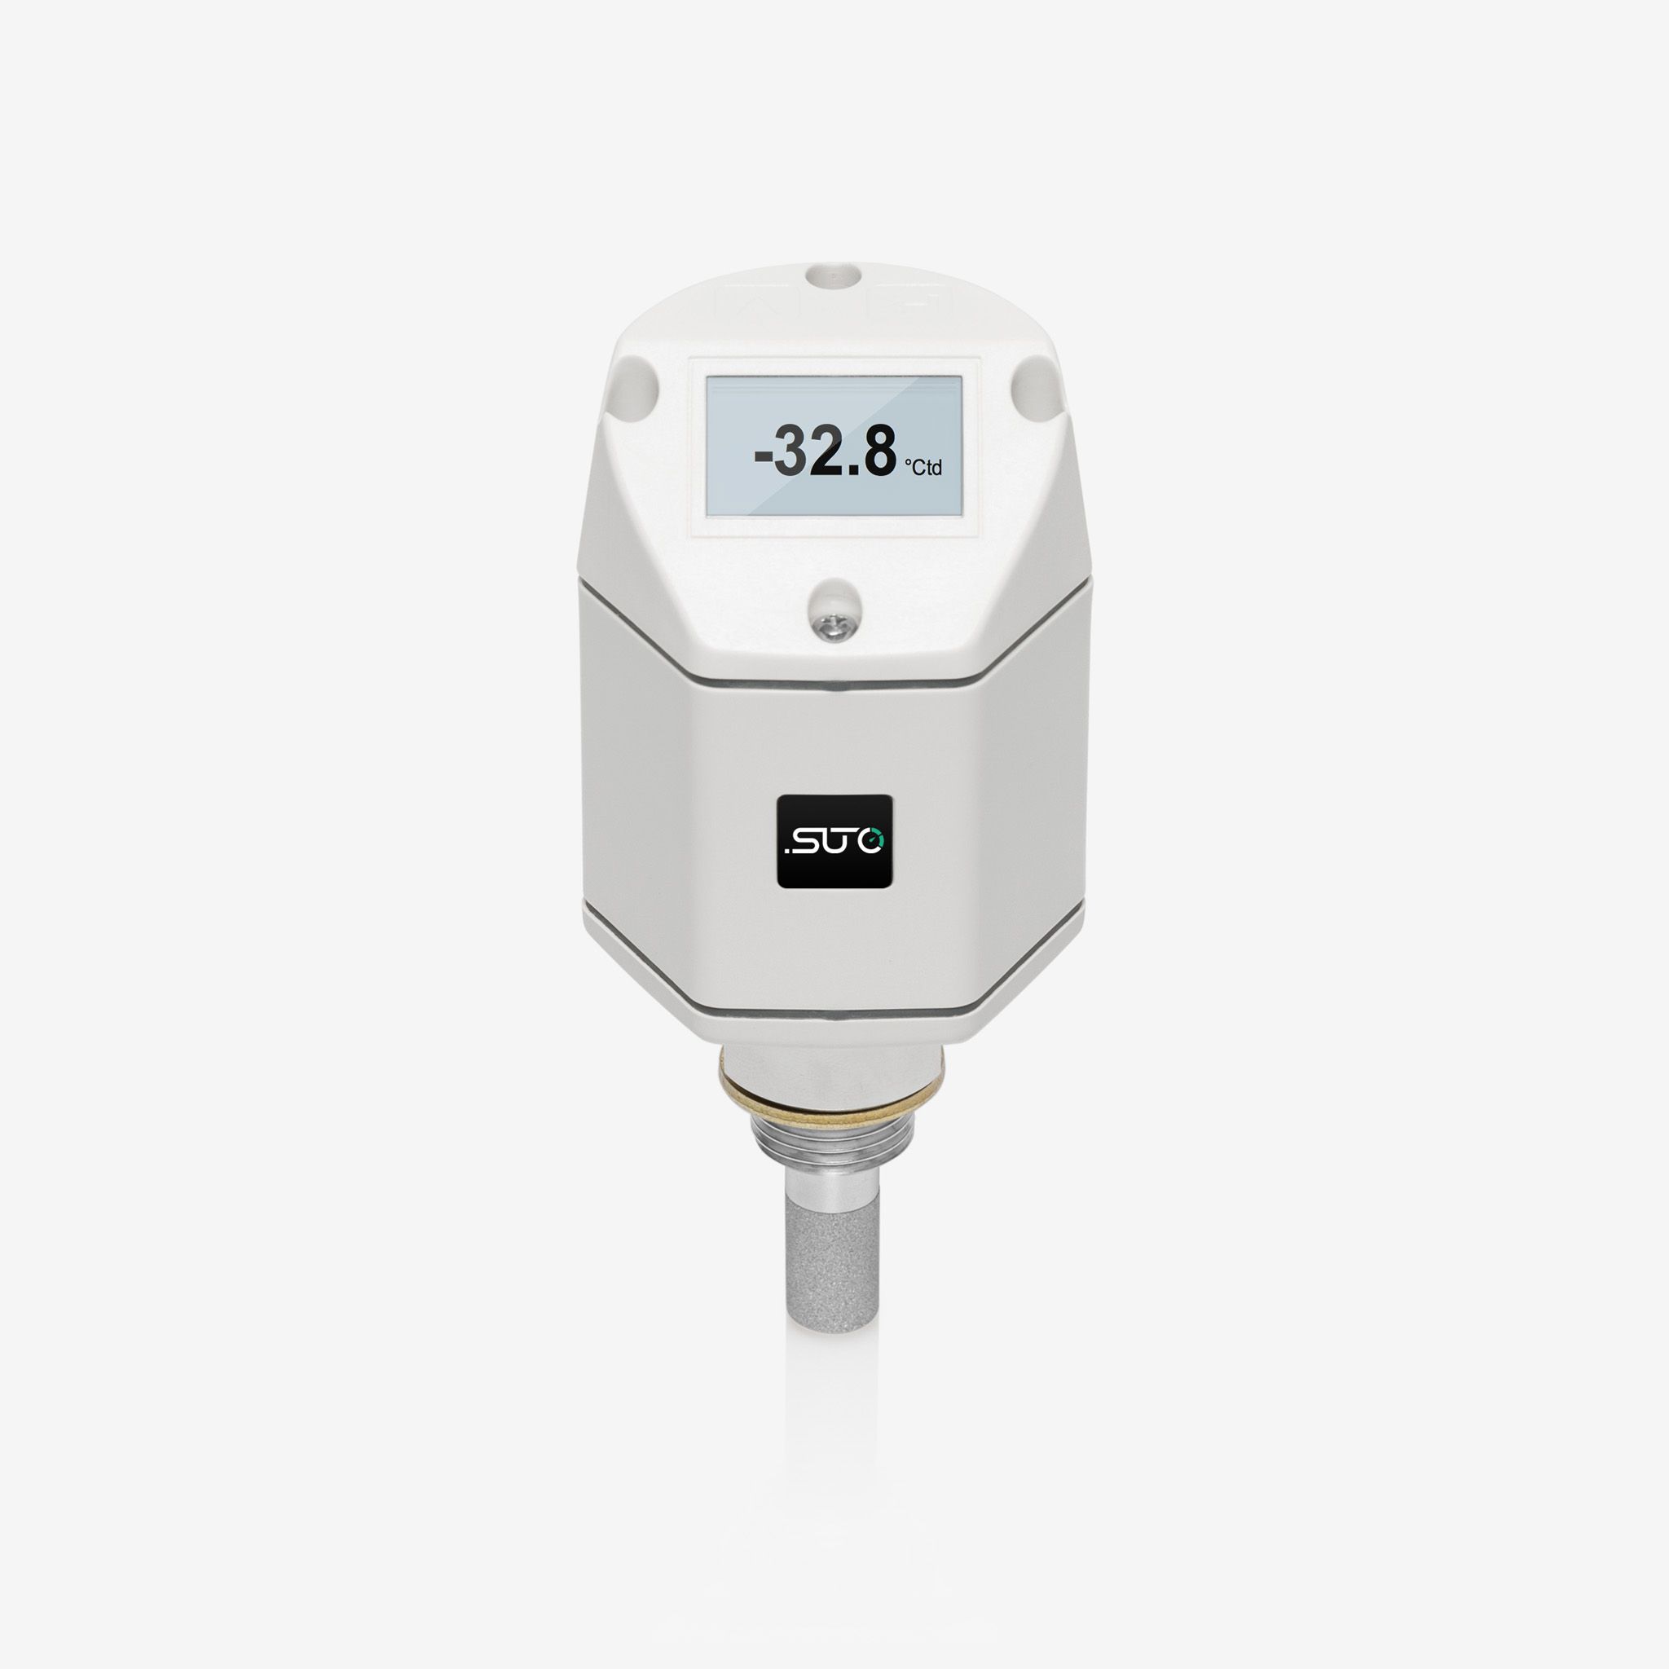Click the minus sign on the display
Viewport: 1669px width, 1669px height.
tap(763, 457)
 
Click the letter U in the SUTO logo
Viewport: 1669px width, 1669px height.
tap(830, 839)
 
